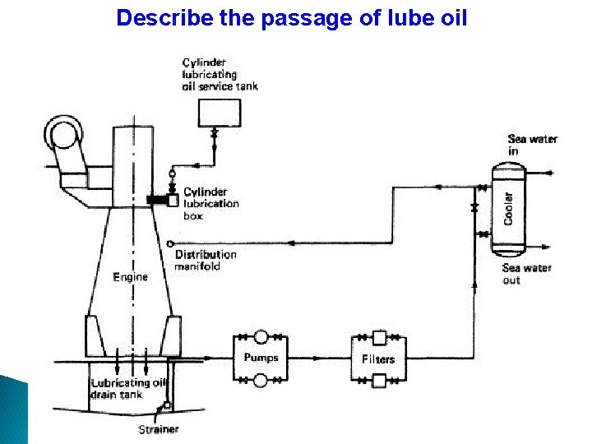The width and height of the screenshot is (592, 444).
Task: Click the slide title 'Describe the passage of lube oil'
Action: click(x=292, y=17)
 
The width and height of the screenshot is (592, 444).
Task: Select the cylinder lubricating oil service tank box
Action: click(x=220, y=112)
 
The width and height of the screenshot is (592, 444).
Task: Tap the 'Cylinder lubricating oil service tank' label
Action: click(x=220, y=73)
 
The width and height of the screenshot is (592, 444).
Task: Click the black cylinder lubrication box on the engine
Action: click(x=157, y=200)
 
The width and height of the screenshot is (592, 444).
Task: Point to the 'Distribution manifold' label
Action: click(x=206, y=260)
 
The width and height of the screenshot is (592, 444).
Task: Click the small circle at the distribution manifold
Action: click(x=169, y=244)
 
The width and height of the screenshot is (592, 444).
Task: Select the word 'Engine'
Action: click(x=131, y=277)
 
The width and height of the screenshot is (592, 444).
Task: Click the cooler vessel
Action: click(x=508, y=207)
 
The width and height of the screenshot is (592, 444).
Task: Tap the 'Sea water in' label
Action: click(x=532, y=145)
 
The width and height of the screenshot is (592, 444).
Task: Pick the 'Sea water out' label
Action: click(x=526, y=274)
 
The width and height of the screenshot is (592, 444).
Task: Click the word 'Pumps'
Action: click(x=261, y=358)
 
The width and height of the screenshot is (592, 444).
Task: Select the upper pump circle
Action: click(x=261, y=336)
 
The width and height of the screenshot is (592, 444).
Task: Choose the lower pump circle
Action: click(x=261, y=380)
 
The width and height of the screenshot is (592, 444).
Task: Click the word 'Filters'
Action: click(x=378, y=358)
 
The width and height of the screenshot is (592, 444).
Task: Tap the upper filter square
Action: click(x=379, y=336)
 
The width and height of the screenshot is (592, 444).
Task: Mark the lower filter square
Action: click(x=379, y=380)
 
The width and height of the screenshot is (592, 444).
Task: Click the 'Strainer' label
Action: click(x=159, y=429)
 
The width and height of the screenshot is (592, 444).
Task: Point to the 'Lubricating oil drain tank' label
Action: click(x=120, y=388)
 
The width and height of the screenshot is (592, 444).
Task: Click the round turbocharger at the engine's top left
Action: click(x=63, y=132)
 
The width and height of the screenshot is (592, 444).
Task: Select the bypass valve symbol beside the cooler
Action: click(x=475, y=208)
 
